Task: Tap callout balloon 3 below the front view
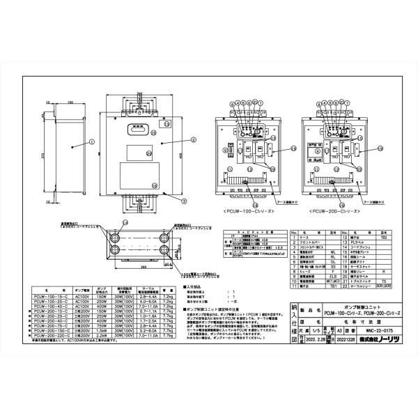point(184,199)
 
